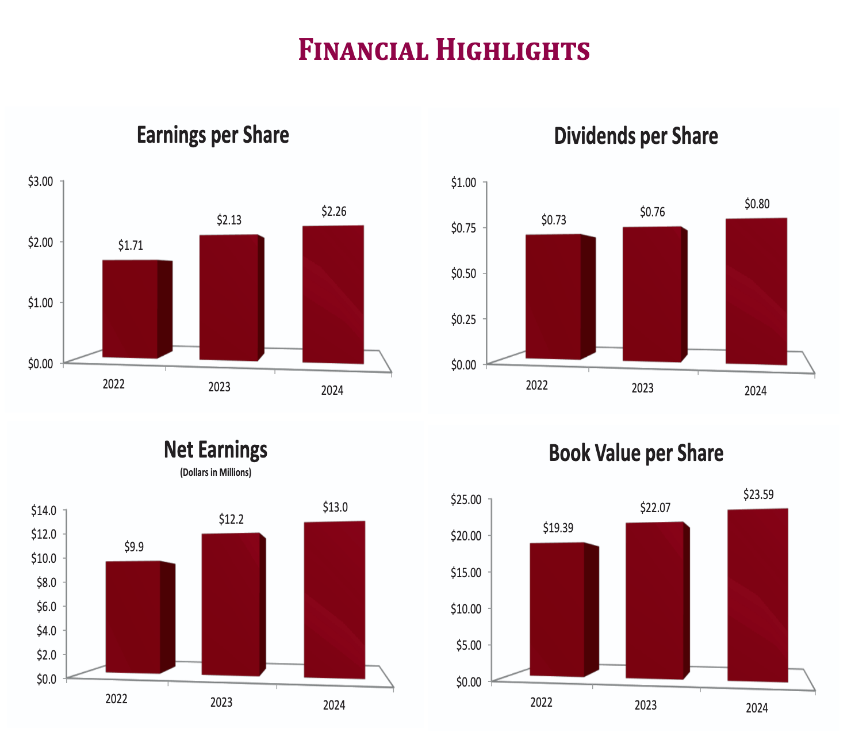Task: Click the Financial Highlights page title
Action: point(444,50)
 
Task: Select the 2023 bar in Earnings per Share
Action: point(229,298)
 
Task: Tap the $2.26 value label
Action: point(333,211)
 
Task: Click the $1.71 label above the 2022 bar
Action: point(131,246)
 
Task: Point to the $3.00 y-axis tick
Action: point(40,181)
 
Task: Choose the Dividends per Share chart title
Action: point(636,136)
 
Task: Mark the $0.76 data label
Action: point(652,212)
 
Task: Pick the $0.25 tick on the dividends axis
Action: point(463,319)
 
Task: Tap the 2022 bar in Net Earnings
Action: point(133,617)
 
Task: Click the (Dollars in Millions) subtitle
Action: point(216,472)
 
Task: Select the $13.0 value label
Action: point(335,508)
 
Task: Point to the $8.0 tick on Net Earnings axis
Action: point(46,582)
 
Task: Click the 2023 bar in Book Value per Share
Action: point(654,601)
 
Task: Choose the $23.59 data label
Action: point(758,494)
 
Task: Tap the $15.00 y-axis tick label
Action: point(465,572)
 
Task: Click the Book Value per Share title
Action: point(636,453)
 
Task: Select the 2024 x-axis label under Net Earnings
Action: point(333,705)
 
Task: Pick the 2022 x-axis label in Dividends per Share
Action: point(536,386)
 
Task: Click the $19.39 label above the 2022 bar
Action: point(558,528)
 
